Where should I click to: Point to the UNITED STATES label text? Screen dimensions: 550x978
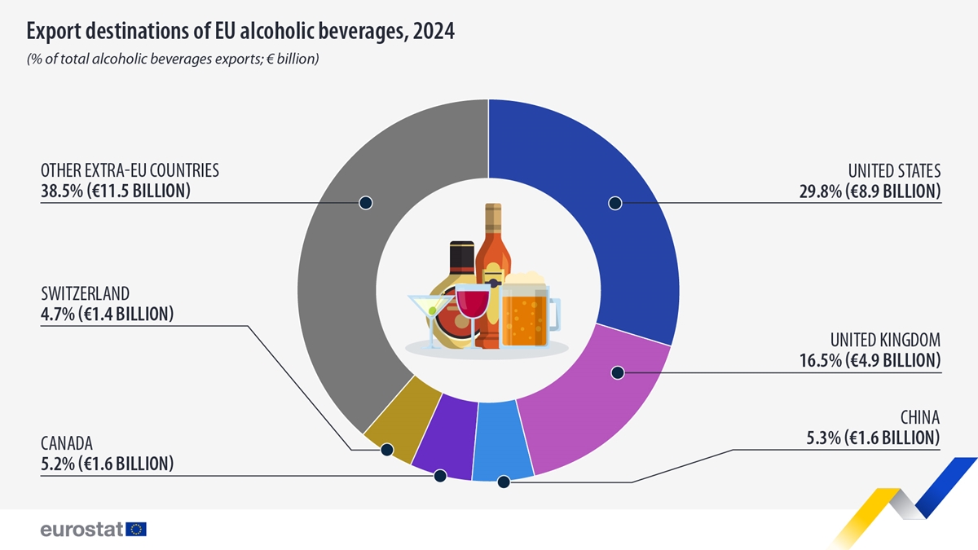click(894, 171)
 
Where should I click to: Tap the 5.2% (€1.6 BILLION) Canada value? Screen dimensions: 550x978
click(107, 464)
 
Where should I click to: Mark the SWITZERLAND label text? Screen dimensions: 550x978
click(86, 293)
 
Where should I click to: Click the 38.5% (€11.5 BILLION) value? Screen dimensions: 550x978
click(116, 191)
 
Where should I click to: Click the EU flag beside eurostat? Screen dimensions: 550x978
click(136, 530)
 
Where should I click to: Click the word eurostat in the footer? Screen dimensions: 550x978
click(81, 530)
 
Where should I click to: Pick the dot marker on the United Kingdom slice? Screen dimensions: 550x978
click(617, 372)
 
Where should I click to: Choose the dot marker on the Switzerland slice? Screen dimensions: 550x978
click(386, 449)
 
